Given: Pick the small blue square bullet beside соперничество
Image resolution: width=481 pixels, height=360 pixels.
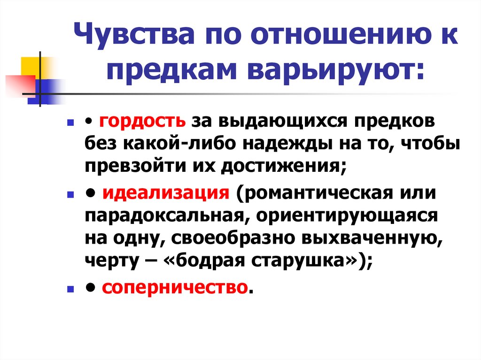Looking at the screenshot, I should coord(70,288).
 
